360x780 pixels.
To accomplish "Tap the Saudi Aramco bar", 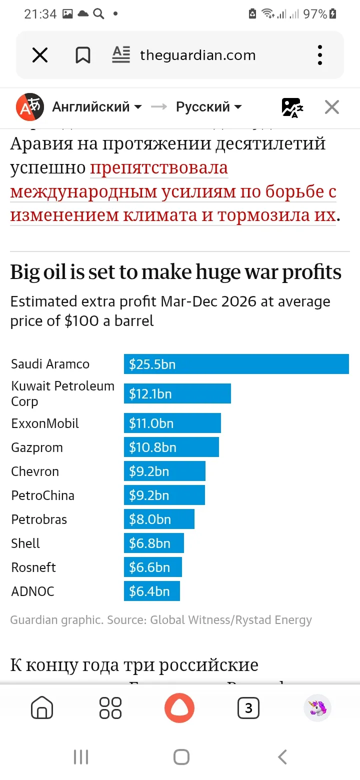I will pyautogui.click(x=236, y=364).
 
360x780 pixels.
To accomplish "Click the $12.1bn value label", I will pyautogui.click(x=150, y=394).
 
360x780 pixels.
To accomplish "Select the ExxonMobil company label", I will pyautogui.click(x=45, y=423).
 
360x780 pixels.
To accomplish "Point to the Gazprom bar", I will pyautogui.click(x=171, y=447).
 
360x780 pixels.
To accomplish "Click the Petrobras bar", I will pyautogui.click(x=159, y=519).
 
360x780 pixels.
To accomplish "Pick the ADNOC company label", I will pyautogui.click(x=32, y=591).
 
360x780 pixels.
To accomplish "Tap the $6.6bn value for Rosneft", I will pyautogui.click(x=149, y=567).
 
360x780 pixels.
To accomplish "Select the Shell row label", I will pyautogui.click(x=25, y=543).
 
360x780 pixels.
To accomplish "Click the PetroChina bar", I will pyautogui.click(x=164, y=495).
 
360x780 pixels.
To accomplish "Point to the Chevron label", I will pyautogui.click(x=35, y=471).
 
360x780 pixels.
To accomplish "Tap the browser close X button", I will pyautogui.click(x=40, y=55).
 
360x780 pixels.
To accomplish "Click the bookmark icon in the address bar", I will pyautogui.click(x=82, y=55).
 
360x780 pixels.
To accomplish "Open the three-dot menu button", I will pyautogui.click(x=320, y=55).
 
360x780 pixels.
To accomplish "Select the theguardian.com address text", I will pyautogui.click(x=197, y=55).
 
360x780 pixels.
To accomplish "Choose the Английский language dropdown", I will pyautogui.click(x=96, y=107).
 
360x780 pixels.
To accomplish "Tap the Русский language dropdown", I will pyautogui.click(x=208, y=107).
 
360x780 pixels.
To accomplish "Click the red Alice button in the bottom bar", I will pyautogui.click(x=179, y=708).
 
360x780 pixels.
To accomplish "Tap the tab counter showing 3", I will pyautogui.click(x=248, y=708).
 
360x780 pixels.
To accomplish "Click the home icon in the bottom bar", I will pyautogui.click(x=42, y=708).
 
